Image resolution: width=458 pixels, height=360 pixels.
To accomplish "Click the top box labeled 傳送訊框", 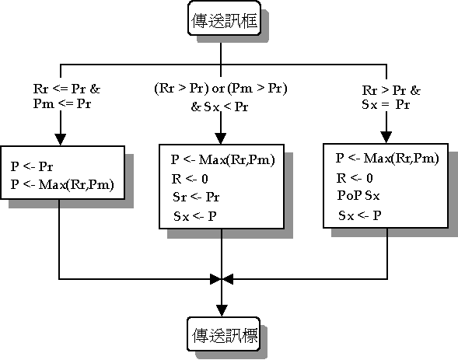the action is pos(224,18).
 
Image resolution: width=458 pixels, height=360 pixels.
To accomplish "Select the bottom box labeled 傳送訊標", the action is pos(223,334).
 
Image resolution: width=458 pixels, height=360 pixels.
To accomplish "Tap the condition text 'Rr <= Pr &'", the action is pos(67,89).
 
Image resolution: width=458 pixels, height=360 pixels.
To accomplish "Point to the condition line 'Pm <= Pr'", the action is pos(62,103).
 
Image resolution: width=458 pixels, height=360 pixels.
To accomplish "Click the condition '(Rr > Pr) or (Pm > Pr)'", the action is pos(221,88).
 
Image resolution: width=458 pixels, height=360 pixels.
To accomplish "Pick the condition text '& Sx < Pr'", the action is pos(219,107).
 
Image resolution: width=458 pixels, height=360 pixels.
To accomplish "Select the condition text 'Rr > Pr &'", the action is pos(391,90).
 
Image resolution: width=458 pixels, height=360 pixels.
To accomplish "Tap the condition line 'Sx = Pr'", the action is pos(386,104).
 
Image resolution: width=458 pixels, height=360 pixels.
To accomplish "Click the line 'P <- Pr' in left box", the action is pos(32,166).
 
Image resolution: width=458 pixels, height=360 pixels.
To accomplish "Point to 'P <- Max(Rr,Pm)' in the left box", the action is pos(62,184).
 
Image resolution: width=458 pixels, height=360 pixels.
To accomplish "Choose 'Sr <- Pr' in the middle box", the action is pos(196,197).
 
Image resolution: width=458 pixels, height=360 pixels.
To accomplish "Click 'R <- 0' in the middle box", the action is pos(190,179).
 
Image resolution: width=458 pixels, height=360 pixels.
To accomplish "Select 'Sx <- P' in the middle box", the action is pos(195,216).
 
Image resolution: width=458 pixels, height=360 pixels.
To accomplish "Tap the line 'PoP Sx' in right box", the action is pos(358,196).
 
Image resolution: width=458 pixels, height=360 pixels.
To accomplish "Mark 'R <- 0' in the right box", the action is pos(355,178).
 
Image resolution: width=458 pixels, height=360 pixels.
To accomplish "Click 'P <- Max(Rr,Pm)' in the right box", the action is pos(387,159).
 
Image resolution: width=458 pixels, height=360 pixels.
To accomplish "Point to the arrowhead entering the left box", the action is pos(61,139).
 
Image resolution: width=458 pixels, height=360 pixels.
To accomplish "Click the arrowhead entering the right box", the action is pos(386,137).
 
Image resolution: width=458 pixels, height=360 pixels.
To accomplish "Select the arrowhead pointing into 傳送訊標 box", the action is pos(222,311).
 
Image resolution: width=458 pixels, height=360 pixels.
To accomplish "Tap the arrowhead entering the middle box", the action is pos(221,138).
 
